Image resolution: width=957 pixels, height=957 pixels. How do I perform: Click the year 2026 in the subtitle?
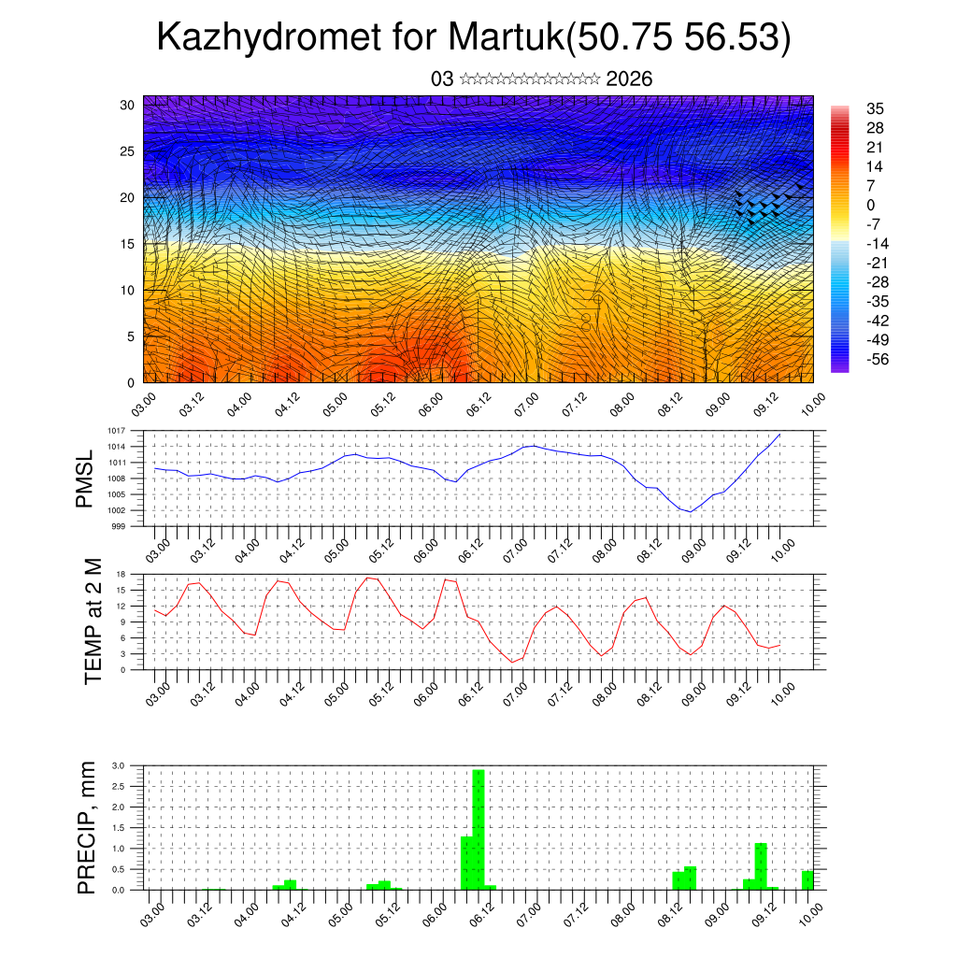(629, 79)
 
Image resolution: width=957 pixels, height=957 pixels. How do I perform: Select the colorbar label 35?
(877, 108)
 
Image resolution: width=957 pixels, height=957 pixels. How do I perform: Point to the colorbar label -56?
(879, 359)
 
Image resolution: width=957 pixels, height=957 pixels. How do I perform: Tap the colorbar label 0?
(871, 205)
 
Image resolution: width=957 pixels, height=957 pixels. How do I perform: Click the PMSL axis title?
(85, 478)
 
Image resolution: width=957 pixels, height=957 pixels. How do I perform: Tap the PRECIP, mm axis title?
(87, 827)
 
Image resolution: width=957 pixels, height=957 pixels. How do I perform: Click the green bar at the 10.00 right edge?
(807, 879)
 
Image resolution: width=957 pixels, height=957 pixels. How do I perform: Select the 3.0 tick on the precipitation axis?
(119, 765)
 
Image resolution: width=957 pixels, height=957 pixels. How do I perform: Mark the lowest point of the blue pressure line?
(690, 511)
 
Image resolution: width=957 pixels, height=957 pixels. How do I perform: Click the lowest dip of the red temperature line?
(513, 662)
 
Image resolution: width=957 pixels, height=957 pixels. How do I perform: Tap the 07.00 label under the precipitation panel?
(528, 912)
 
